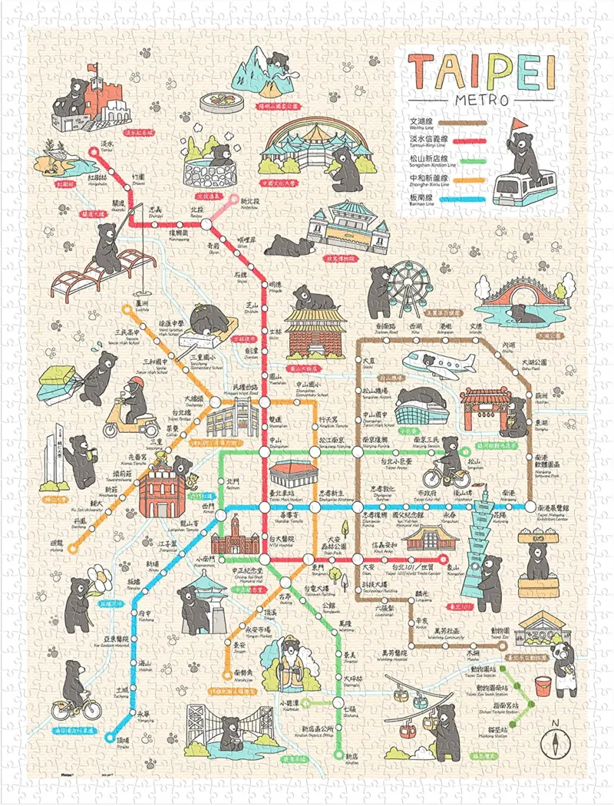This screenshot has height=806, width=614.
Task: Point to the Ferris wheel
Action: (401, 289)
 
